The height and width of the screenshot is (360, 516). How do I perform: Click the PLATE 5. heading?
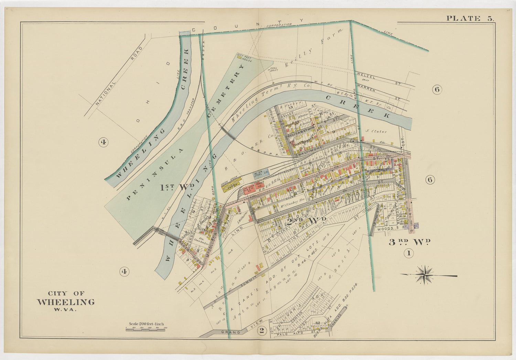[x=470, y=19]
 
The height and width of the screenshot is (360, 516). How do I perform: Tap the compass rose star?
[x=426, y=275]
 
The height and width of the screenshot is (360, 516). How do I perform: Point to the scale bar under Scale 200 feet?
[x=146, y=329]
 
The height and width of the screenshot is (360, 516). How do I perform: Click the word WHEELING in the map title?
[x=66, y=302]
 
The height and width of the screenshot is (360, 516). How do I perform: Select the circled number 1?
[x=408, y=254]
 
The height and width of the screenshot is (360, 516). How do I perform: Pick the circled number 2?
[x=262, y=331]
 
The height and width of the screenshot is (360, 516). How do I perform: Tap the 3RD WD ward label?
[x=409, y=242]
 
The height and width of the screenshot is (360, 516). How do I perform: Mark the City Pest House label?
[x=245, y=57]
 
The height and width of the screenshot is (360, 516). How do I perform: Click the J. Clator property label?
[x=376, y=131]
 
